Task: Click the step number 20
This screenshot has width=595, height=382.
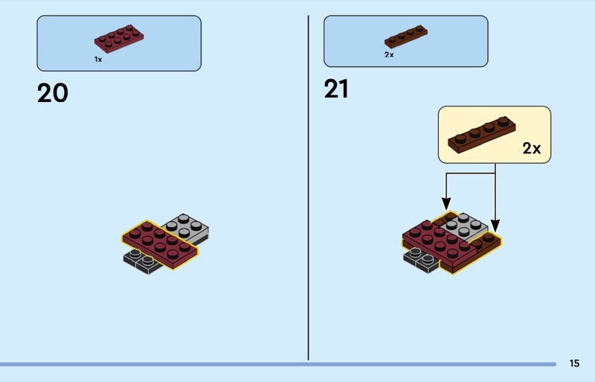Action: click(x=52, y=93)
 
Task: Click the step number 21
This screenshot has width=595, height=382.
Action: click(x=336, y=89)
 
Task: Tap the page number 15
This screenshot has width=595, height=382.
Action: click(x=574, y=363)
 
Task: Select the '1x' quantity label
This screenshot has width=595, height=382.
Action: click(x=98, y=59)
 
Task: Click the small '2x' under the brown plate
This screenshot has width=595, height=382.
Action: click(x=389, y=54)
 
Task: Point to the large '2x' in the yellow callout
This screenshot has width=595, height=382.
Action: click(x=531, y=148)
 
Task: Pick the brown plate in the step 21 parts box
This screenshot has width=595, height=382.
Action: click(x=406, y=36)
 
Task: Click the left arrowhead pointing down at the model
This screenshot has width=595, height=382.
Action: click(x=446, y=203)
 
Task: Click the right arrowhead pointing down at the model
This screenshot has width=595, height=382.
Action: click(x=495, y=225)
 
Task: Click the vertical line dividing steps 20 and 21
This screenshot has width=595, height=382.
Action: click(x=309, y=186)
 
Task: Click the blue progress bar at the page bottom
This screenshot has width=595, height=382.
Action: click(x=275, y=364)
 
